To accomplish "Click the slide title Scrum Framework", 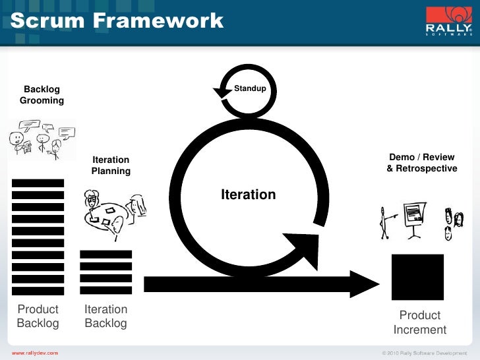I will coord(117,20).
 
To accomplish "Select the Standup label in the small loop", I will coord(250,88).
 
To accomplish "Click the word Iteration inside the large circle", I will coord(248,195).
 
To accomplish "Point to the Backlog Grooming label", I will coord(42,95).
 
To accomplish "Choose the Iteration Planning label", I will coord(111,165).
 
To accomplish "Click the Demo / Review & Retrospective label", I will coord(421,163).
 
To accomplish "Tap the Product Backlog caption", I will coord(38,316).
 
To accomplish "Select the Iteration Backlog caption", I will coord(105,316).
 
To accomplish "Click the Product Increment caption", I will coord(419,322).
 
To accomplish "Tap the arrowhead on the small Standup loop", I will coord(219,91).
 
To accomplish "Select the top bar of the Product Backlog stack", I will coord(38,183).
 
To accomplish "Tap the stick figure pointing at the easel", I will coord(384,222).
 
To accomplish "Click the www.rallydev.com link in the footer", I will coord(35,353).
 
